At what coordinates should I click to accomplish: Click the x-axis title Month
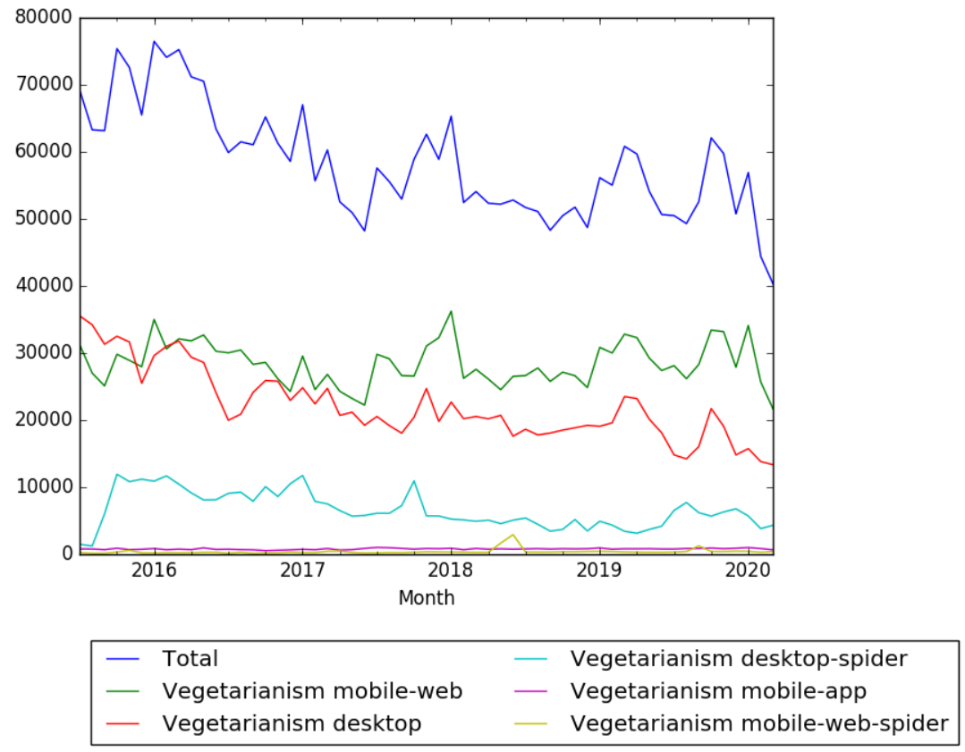tap(426, 598)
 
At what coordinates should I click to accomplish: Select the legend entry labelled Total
tap(190, 659)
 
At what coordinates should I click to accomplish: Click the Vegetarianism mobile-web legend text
tap(312, 690)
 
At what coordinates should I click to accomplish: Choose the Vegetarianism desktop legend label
tap(292, 722)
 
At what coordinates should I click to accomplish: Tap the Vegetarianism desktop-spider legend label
tap(739, 659)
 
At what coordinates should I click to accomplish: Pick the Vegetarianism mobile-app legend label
tap(718, 690)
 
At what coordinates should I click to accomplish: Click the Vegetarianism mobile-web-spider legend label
tap(759, 722)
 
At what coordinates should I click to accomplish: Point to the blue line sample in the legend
tap(126, 660)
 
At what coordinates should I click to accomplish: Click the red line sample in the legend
tap(126, 722)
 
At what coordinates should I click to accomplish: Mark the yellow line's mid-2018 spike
tap(512, 535)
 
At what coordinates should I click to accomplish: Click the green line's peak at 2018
tap(451, 311)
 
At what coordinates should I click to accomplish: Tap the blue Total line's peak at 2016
tap(154, 41)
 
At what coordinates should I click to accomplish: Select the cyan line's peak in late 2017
tap(413, 481)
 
